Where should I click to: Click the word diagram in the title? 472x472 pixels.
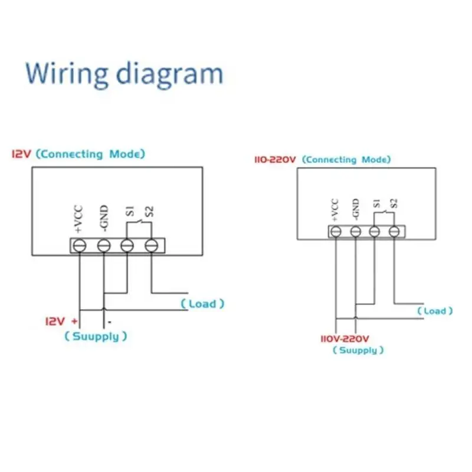pos(170,74)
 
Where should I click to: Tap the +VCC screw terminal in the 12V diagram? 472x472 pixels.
pos(80,245)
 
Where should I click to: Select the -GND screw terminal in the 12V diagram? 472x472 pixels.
pos(104,245)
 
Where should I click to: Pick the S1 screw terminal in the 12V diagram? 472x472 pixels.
pos(127,245)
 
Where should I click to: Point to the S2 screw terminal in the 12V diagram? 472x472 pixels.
pos(151,245)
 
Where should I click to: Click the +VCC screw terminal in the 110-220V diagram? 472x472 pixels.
pos(336,232)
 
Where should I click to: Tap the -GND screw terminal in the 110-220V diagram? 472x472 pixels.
pos(356,232)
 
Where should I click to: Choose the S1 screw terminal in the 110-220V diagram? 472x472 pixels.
pos(374,232)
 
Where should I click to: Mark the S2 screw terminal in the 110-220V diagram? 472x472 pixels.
pos(394,232)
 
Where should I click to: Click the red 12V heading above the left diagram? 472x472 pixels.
pos(21,154)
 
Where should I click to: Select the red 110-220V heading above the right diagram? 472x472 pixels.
pos(275,159)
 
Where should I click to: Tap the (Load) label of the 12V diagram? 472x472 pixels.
pos(202,303)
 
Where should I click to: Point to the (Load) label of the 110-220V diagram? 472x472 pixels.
pos(435,311)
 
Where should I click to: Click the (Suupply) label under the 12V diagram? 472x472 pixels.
pos(96,336)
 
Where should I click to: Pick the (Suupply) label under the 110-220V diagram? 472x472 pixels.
pos(358,350)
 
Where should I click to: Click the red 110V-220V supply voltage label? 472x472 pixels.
pos(345,339)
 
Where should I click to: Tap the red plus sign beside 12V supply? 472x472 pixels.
pos(74,321)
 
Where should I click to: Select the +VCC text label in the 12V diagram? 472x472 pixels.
pos(78,219)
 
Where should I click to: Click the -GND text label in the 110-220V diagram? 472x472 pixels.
pos(356,209)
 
